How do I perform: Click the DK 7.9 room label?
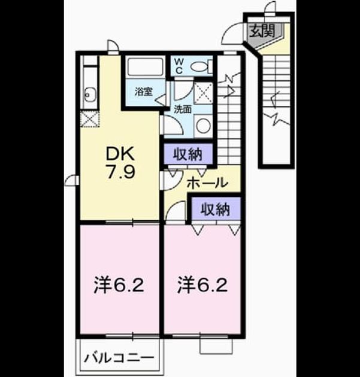(120, 163)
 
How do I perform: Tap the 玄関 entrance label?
(262, 31)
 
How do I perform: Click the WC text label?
(180, 66)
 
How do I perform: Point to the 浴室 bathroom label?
(143, 92)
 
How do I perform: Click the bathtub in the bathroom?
(145, 66)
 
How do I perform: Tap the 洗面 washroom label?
(183, 110)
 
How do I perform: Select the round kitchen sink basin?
(89, 95)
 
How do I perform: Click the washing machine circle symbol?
(203, 126)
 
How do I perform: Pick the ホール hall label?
(207, 183)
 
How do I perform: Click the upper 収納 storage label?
(187, 154)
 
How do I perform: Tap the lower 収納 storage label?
(215, 209)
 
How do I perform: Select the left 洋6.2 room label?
(119, 285)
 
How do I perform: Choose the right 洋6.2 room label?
(202, 285)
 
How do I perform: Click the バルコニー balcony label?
(119, 358)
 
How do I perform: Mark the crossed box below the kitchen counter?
(89, 118)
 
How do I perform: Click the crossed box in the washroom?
(203, 93)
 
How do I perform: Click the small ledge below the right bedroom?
(216, 346)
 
